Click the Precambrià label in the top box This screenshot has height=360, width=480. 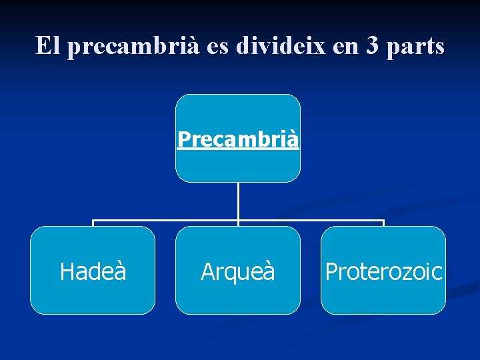click(238, 139)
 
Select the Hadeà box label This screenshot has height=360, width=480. click(93, 271)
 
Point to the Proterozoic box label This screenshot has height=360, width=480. click(383, 271)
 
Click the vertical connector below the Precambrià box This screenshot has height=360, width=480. click(238, 200)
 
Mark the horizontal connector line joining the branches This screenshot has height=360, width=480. click(167, 220)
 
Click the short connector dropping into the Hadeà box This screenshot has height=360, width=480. click(93, 223)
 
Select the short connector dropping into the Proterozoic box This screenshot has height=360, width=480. click(383, 223)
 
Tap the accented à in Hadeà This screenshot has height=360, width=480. click(119, 271)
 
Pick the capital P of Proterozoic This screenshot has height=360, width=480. click(331, 271)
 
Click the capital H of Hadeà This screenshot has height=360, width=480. click(66, 271)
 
